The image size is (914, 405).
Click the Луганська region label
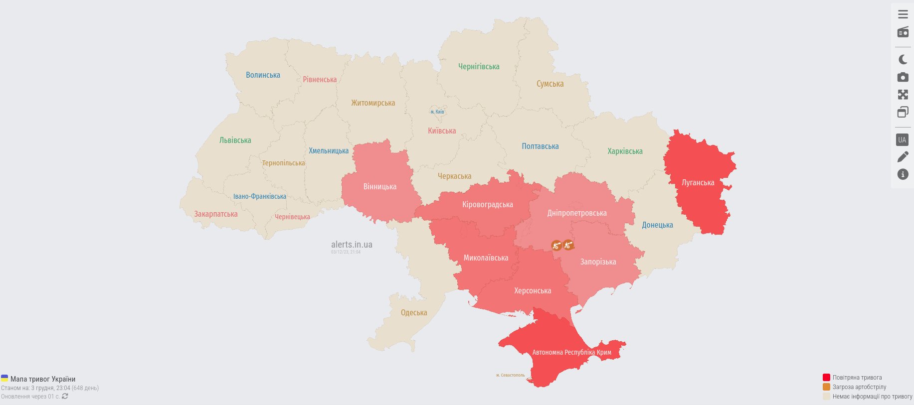point(698,183)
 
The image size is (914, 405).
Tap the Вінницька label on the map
point(379,187)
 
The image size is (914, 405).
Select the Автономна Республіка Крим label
point(571,352)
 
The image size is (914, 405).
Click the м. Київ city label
point(437,112)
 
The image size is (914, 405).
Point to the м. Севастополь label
point(510,375)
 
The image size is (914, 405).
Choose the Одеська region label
point(414,313)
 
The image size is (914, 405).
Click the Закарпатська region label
point(215,214)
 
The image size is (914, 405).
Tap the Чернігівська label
point(479,67)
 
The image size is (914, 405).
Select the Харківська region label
point(625,151)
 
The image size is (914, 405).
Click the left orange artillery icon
point(556,245)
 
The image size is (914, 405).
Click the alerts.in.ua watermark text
point(352,245)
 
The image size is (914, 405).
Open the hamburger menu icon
point(903,14)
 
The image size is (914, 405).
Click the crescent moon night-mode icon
point(903,60)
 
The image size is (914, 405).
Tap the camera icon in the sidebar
point(903,77)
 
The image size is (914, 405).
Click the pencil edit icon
point(903,157)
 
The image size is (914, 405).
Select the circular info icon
point(903,174)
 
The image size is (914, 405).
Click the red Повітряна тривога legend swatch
point(826,378)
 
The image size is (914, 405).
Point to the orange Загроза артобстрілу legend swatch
point(826,387)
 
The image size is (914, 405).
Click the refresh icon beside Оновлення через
point(65,397)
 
